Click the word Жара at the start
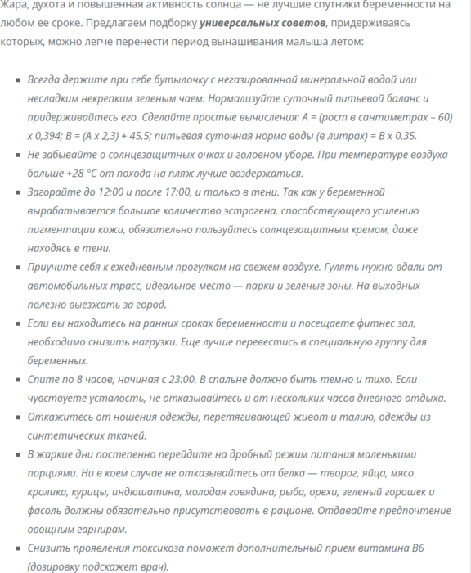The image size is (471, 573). [x=13, y=5]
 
